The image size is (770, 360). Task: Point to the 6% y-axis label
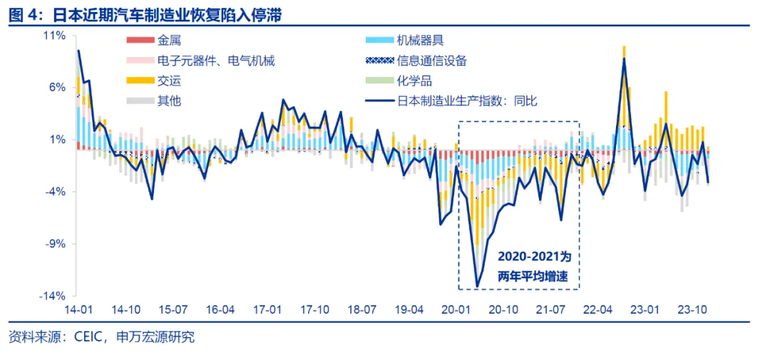click(57, 87)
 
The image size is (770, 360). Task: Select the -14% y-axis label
click(53, 296)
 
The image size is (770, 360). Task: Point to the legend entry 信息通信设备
click(431, 61)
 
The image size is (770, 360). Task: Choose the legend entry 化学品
click(414, 81)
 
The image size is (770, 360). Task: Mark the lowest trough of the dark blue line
click(477, 287)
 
